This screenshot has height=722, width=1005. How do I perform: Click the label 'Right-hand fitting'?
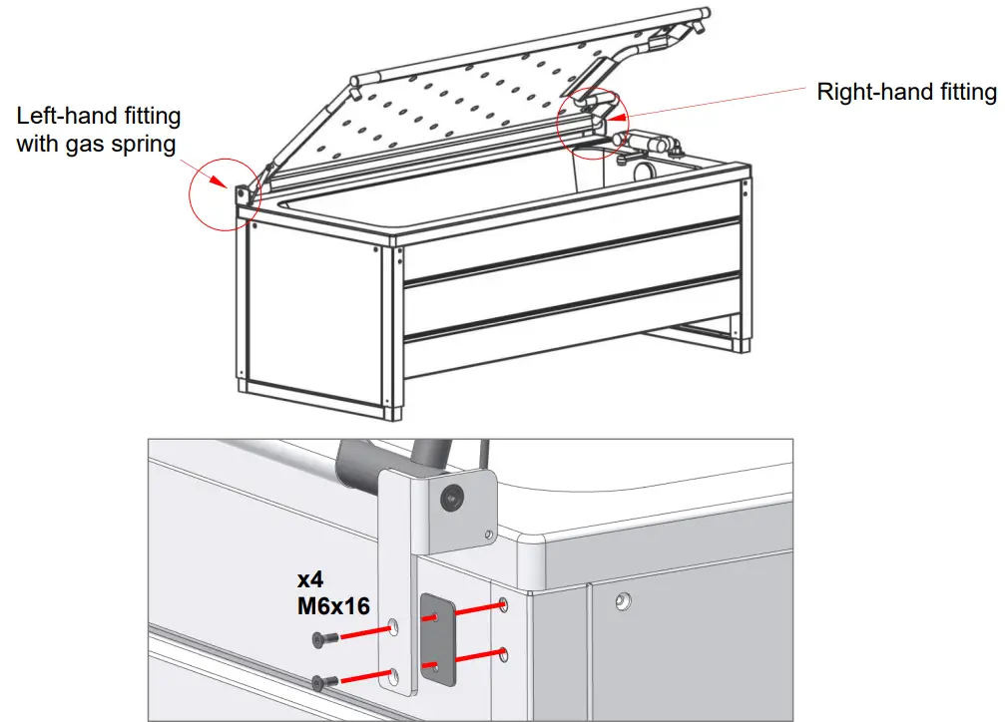(x=906, y=92)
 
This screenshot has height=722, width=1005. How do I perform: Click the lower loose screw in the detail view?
(x=320, y=682)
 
